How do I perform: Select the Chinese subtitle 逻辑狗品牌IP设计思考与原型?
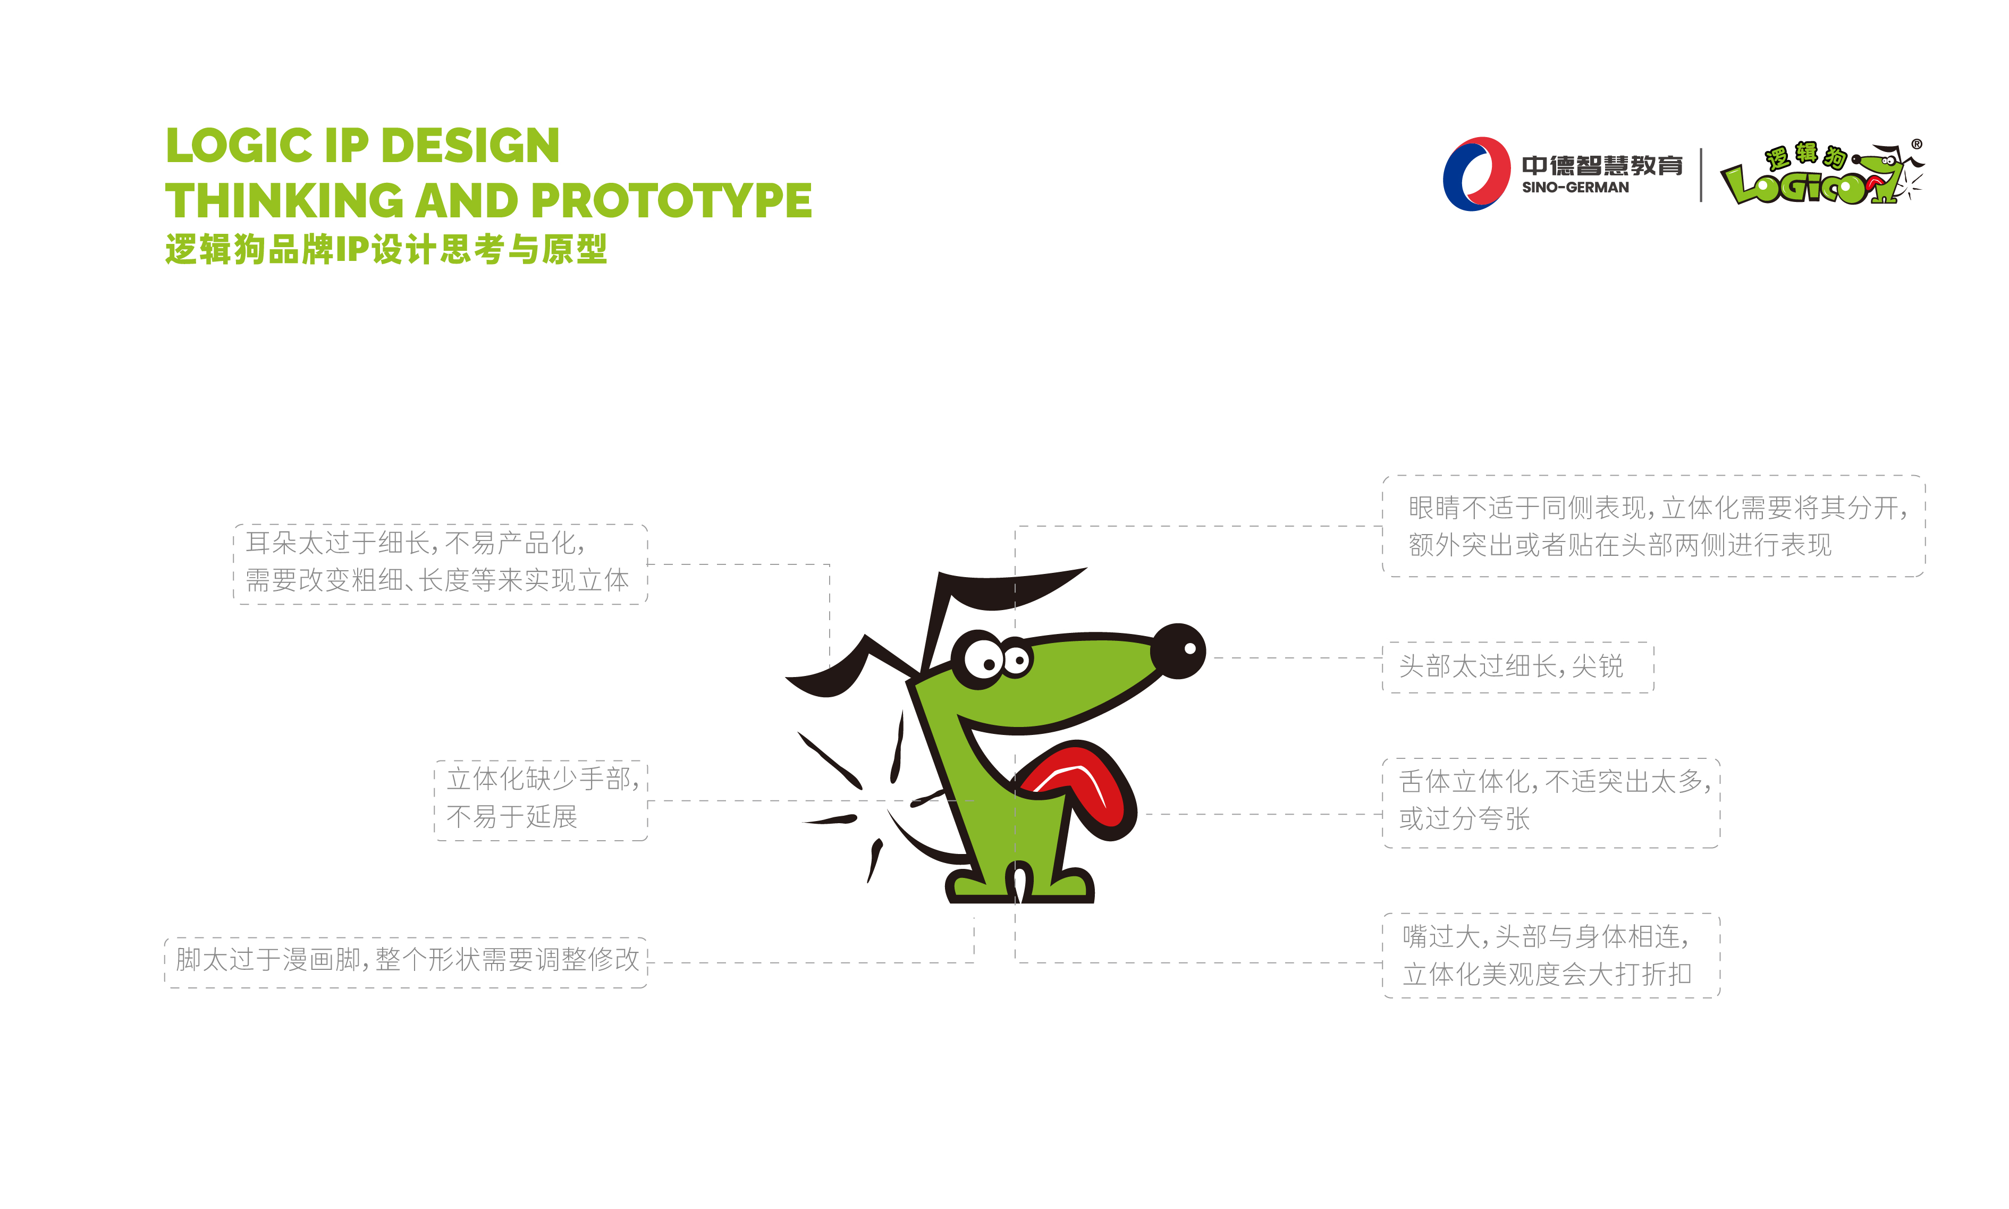[385, 249]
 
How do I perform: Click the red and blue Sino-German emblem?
[1474, 174]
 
